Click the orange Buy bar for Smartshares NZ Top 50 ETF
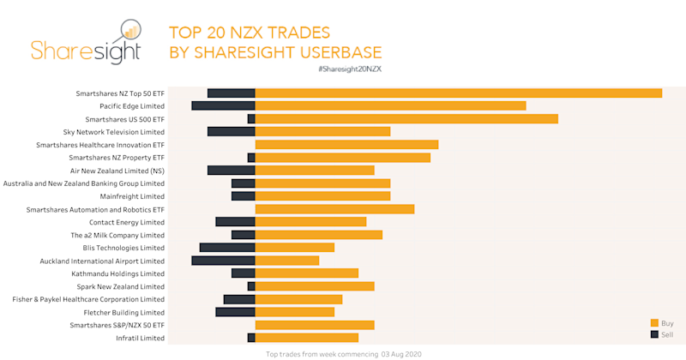(459, 93)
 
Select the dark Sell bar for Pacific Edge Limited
(223, 105)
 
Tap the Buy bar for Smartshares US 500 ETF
(406, 118)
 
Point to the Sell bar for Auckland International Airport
(223, 261)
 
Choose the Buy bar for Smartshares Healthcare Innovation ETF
(346, 145)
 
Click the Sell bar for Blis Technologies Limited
(227, 248)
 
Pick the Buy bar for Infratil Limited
(306, 338)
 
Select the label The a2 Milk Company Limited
(117, 235)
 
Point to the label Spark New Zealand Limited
(121, 286)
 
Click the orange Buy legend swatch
(654, 322)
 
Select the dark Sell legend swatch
(654, 334)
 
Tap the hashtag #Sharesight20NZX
(349, 69)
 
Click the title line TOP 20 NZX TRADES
(249, 33)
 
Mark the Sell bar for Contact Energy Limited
(235, 222)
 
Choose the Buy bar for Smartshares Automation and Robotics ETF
(334, 209)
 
